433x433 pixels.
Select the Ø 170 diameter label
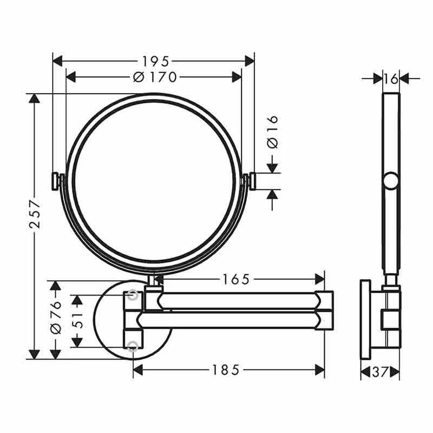pos(155,77)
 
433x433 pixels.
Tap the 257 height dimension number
pos(34,215)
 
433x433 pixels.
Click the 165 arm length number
pos(236,279)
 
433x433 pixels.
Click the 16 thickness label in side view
pos(391,79)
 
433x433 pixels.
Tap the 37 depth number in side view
pos(380,372)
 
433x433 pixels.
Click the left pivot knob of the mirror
pos(55,181)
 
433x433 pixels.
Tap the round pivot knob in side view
pos(391,180)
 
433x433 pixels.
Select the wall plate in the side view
pos(365,319)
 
